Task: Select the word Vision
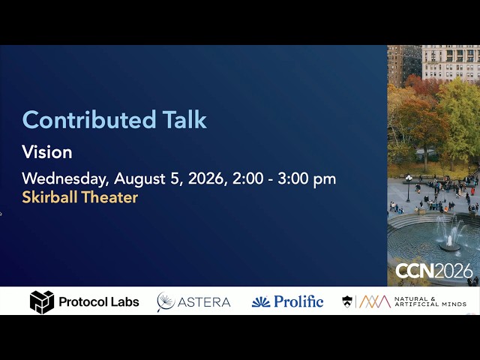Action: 47,151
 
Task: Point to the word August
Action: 139,179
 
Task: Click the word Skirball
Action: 49,196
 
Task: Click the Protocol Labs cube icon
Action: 42,302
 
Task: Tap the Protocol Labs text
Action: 99,301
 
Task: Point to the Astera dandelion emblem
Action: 166,301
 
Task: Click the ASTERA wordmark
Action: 204,302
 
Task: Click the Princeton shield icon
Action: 346,301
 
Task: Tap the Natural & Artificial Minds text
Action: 430,301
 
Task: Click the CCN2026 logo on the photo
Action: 434,271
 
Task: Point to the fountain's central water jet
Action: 450,233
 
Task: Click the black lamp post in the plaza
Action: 408,188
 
